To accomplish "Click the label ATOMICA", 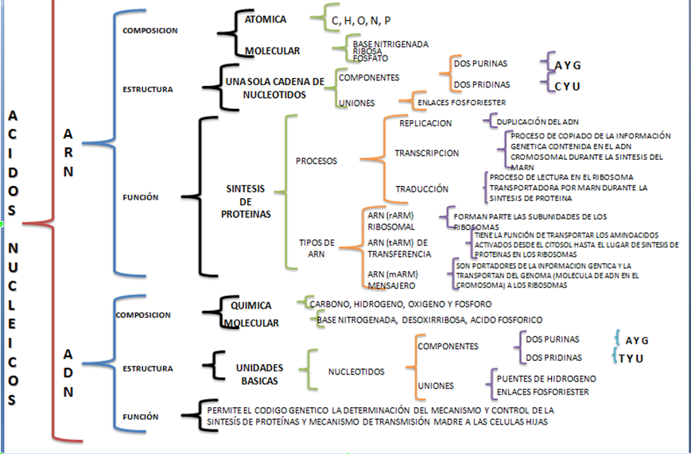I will [266, 19].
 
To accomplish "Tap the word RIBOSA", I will [368, 50].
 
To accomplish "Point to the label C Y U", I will [569, 85].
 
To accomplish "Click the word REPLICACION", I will [425, 123].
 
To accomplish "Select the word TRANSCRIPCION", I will [427, 153].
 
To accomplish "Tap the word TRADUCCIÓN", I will [422, 189].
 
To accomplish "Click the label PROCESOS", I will [316, 161].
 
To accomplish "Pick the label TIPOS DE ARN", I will [316, 247].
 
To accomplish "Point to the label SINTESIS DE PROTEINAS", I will [247, 201].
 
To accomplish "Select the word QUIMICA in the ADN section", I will [251, 305].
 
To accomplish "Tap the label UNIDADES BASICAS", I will [260, 373].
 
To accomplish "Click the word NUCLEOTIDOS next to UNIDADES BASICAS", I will [356, 372].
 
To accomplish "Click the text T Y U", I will [631, 358].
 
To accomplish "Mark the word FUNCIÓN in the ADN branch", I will [142, 417].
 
